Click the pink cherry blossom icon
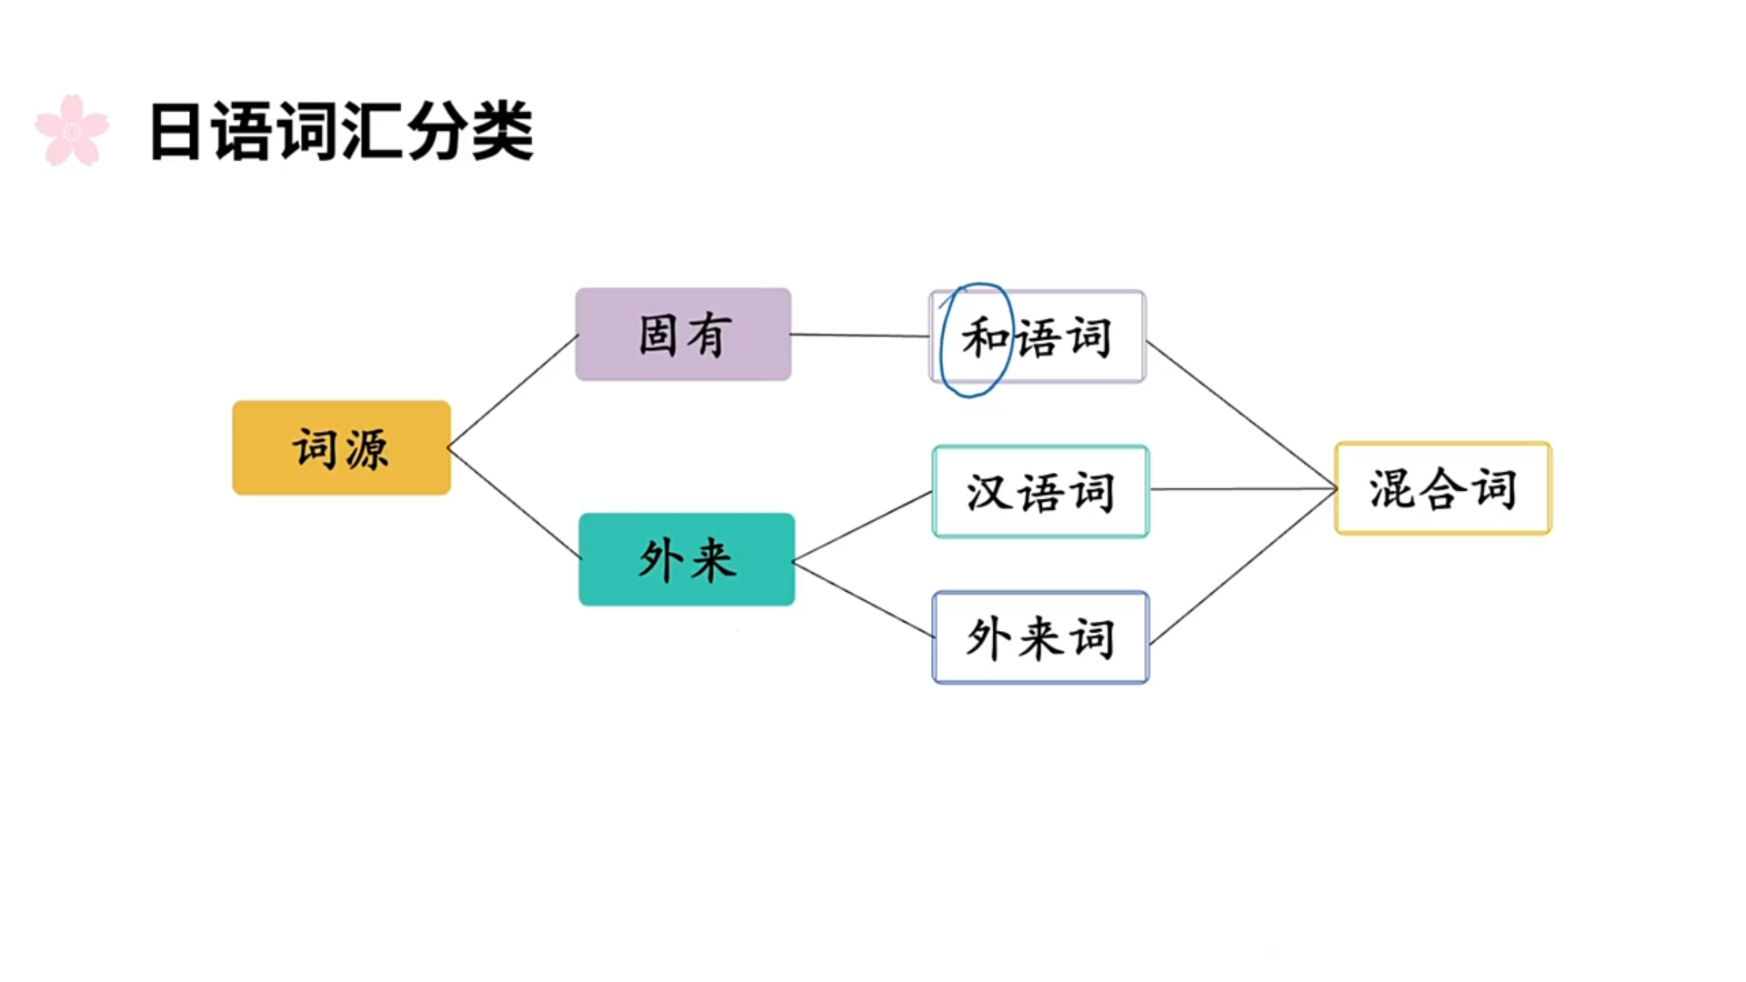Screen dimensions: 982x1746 pyautogui.click(x=72, y=131)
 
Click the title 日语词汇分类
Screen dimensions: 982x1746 pyautogui.click(x=341, y=133)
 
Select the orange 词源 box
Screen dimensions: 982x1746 pyautogui.click(x=341, y=447)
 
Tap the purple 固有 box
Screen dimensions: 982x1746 pyautogui.click(x=683, y=334)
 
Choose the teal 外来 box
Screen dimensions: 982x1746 pyautogui.click(x=687, y=559)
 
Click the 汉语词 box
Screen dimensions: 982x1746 pyautogui.click(x=1040, y=491)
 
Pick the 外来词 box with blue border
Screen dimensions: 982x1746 pyautogui.click(x=1040, y=637)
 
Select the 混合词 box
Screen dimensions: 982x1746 pyautogui.click(x=1442, y=488)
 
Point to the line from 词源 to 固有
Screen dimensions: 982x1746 pyautogui.click(x=514, y=391)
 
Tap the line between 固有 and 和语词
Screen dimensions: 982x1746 pyautogui.click(x=859, y=336)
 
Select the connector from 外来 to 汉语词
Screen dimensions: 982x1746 pyautogui.click(x=864, y=526)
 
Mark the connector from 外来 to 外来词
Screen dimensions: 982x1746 pyautogui.click(x=864, y=600)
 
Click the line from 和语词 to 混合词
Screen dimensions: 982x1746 pyautogui.click(x=1241, y=415)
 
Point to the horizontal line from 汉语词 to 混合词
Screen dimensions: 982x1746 pyautogui.click(x=1241, y=489)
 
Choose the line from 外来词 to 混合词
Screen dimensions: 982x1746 pyautogui.click(x=1241, y=567)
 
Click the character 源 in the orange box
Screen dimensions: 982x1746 pyautogui.click(x=366, y=449)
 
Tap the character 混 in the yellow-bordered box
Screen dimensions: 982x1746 pyautogui.click(x=1391, y=489)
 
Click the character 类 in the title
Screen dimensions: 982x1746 pyautogui.click(x=502, y=133)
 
